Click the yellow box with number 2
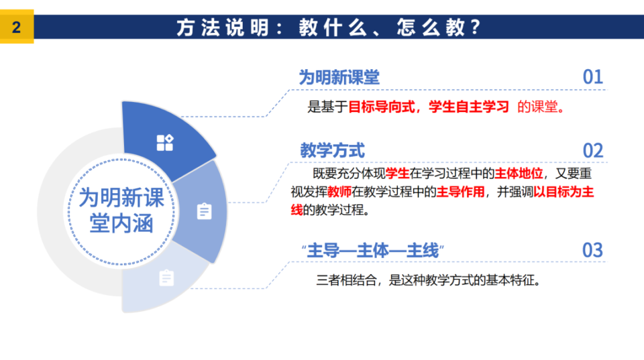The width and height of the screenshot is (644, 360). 16,27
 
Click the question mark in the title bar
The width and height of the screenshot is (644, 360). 476,27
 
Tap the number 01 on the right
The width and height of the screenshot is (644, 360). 592,77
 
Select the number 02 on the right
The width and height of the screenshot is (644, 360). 592,151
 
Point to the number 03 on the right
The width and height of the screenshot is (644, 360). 592,250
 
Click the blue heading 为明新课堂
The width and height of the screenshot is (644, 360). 339,77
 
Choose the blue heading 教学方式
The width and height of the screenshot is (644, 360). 332,150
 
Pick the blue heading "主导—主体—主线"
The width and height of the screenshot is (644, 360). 372,251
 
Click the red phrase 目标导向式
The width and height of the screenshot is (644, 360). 381,107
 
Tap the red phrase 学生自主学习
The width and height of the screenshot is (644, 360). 469,107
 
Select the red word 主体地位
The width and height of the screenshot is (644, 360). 519,173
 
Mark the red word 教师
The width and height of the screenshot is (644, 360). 339,191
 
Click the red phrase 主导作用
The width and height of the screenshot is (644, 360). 460,191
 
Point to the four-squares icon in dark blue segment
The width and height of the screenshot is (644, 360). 165,142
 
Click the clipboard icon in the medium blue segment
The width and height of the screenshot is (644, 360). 204,211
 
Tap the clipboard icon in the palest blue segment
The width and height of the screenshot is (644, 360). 166,278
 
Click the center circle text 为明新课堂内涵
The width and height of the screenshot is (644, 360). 121,211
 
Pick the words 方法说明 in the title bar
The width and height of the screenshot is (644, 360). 222,27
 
